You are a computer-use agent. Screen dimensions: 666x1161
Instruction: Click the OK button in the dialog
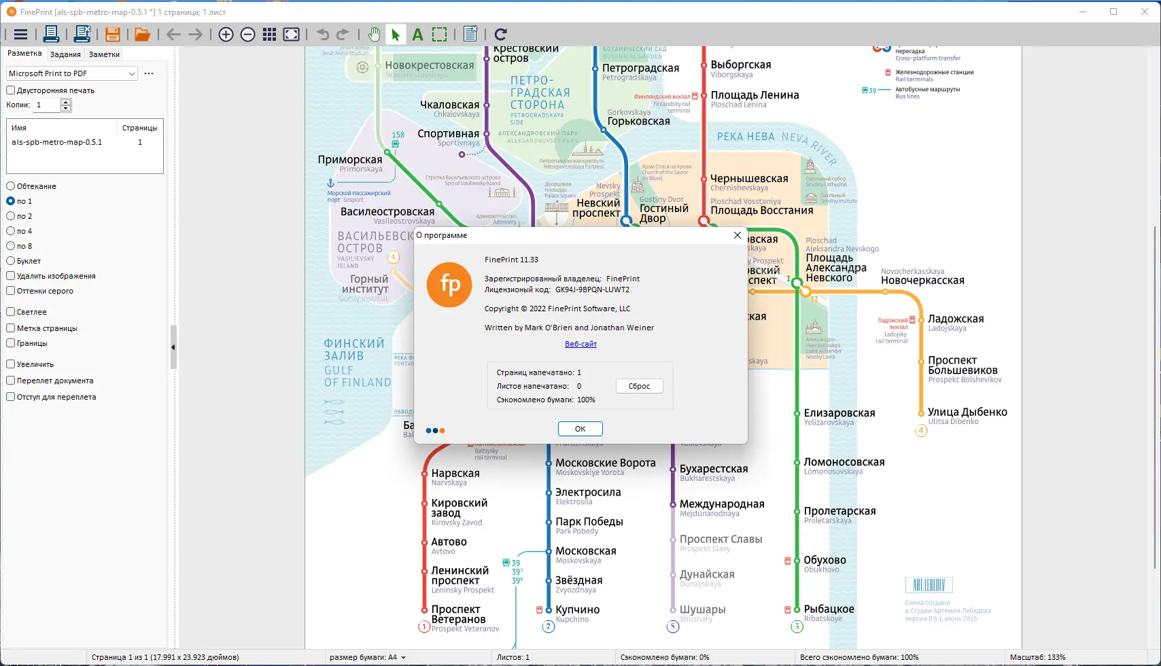coord(580,429)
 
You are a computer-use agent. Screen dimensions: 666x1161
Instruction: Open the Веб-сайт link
coord(580,344)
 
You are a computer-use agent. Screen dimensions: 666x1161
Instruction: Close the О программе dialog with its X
coord(738,235)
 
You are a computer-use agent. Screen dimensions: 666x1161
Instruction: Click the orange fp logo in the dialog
coord(449,285)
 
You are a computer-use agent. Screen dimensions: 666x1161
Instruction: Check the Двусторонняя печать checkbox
coord(11,90)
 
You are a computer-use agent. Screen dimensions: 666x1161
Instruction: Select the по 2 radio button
coord(11,216)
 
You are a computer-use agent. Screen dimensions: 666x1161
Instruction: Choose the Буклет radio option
coord(11,261)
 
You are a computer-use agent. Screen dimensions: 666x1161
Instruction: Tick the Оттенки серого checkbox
coord(11,291)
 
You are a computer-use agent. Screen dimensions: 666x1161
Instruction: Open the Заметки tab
coord(104,54)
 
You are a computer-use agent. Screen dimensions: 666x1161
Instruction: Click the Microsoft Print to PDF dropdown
coord(71,73)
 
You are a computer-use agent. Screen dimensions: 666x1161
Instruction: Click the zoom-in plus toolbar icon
coord(226,35)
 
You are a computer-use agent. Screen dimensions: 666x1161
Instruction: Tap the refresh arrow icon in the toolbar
coord(501,35)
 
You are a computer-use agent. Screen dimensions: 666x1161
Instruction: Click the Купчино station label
coord(577,610)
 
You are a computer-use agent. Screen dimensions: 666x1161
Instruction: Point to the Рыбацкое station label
coord(829,609)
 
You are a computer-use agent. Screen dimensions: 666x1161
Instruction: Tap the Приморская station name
coord(350,160)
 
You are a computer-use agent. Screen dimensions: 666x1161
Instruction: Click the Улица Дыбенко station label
coord(967,412)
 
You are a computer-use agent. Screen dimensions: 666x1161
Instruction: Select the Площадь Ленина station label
coord(755,95)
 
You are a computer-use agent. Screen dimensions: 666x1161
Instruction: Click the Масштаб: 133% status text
coord(1037,657)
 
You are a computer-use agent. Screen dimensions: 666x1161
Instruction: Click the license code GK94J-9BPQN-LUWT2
coord(592,290)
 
